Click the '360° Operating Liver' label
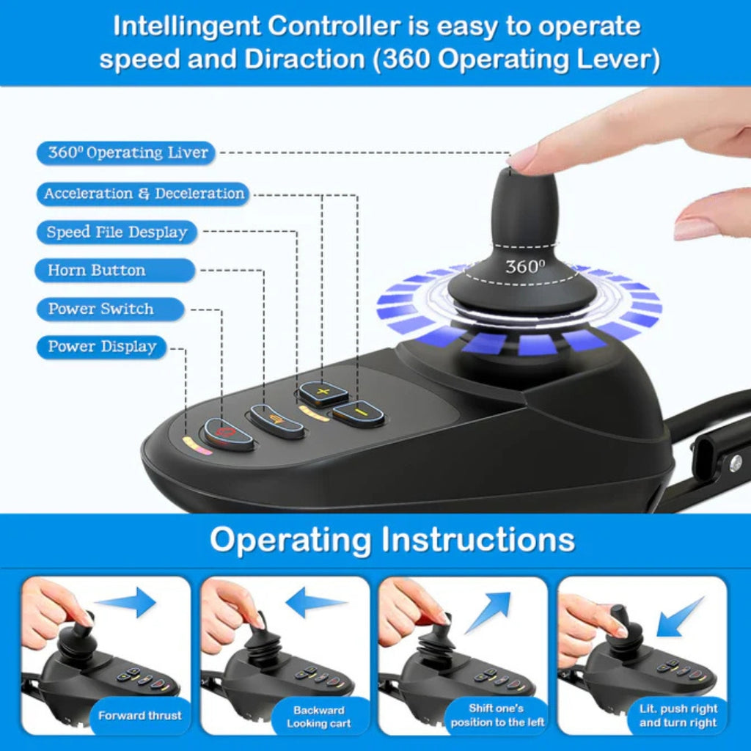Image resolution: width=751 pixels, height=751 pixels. click(126, 153)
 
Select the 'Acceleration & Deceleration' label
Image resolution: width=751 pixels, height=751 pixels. click(143, 194)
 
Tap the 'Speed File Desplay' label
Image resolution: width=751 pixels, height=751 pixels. click(117, 232)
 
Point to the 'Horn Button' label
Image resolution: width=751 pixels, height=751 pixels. click(115, 271)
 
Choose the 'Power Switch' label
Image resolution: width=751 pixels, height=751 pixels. click(110, 309)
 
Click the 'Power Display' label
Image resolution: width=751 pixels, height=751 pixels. click(101, 347)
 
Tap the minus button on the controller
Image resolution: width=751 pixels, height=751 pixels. click(359, 413)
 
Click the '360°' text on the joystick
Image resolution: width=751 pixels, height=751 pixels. click(525, 266)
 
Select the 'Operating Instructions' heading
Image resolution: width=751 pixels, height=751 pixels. click(392, 539)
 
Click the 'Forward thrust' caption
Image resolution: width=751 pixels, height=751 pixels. click(140, 716)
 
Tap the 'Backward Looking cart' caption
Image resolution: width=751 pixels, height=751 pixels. click(318, 717)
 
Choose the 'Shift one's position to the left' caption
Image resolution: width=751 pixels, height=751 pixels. click(497, 715)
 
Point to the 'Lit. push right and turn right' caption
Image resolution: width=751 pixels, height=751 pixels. click(678, 716)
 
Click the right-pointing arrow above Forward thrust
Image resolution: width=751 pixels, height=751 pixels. click(125, 602)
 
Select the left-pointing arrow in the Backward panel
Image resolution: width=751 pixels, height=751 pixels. click(316, 602)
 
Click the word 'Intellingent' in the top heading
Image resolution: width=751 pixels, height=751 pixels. click(185, 26)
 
